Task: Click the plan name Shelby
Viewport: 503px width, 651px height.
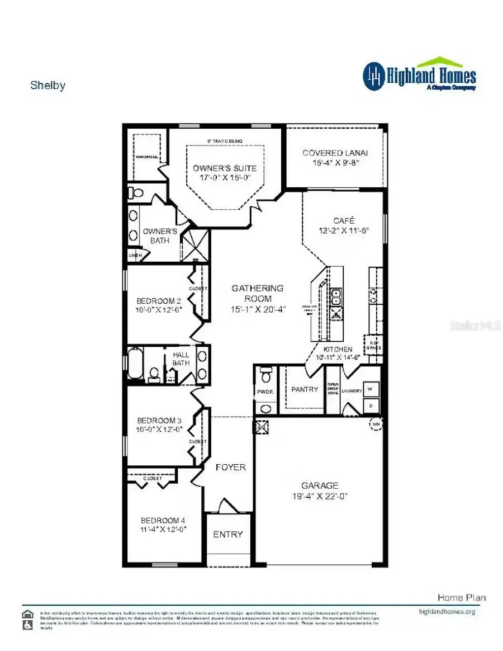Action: (x=48, y=86)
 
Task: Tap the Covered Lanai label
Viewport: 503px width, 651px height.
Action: (x=335, y=153)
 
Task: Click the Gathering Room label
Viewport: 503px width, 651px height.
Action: (x=258, y=293)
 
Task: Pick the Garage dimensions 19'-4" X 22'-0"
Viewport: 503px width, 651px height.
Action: (x=320, y=496)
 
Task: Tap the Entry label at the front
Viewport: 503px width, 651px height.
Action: (x=228, y=534)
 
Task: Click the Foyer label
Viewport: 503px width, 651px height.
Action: (x=230, y=467)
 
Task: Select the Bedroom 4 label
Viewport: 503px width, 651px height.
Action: (x=163, y=520)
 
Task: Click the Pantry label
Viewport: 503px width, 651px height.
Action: (x=305, y=389)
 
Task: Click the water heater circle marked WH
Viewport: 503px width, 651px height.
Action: (x=375, y=425)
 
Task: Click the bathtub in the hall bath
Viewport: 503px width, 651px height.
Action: (x=135, y=364)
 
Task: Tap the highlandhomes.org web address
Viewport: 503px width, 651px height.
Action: (x=447, y=612)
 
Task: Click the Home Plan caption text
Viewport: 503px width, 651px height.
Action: (x=462, y=598)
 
